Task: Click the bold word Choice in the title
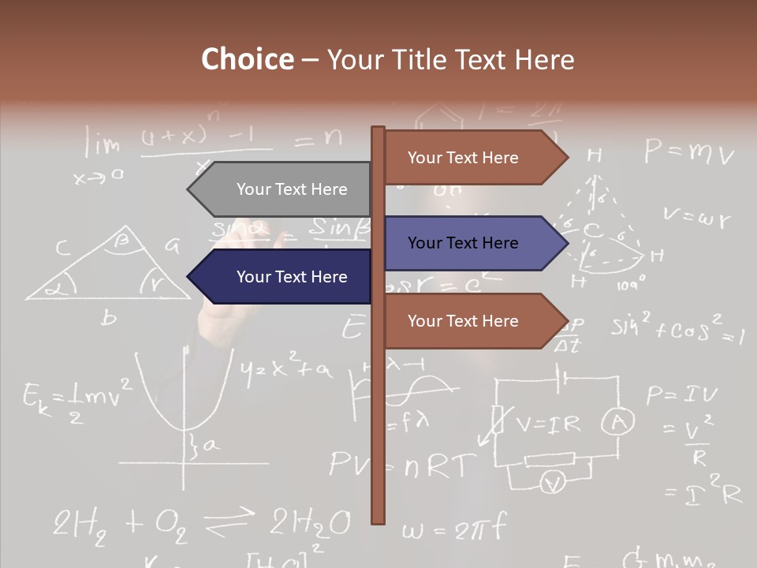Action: point(247,59)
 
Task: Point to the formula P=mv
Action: point(688,151)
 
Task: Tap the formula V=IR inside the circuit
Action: point(547,424)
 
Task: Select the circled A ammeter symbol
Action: point(618,424)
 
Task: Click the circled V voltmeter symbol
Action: point(554,482)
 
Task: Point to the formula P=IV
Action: point(682,394)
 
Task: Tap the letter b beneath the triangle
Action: point(109,318)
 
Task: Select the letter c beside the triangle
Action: point(62,248)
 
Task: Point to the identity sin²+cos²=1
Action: point(677,329)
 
